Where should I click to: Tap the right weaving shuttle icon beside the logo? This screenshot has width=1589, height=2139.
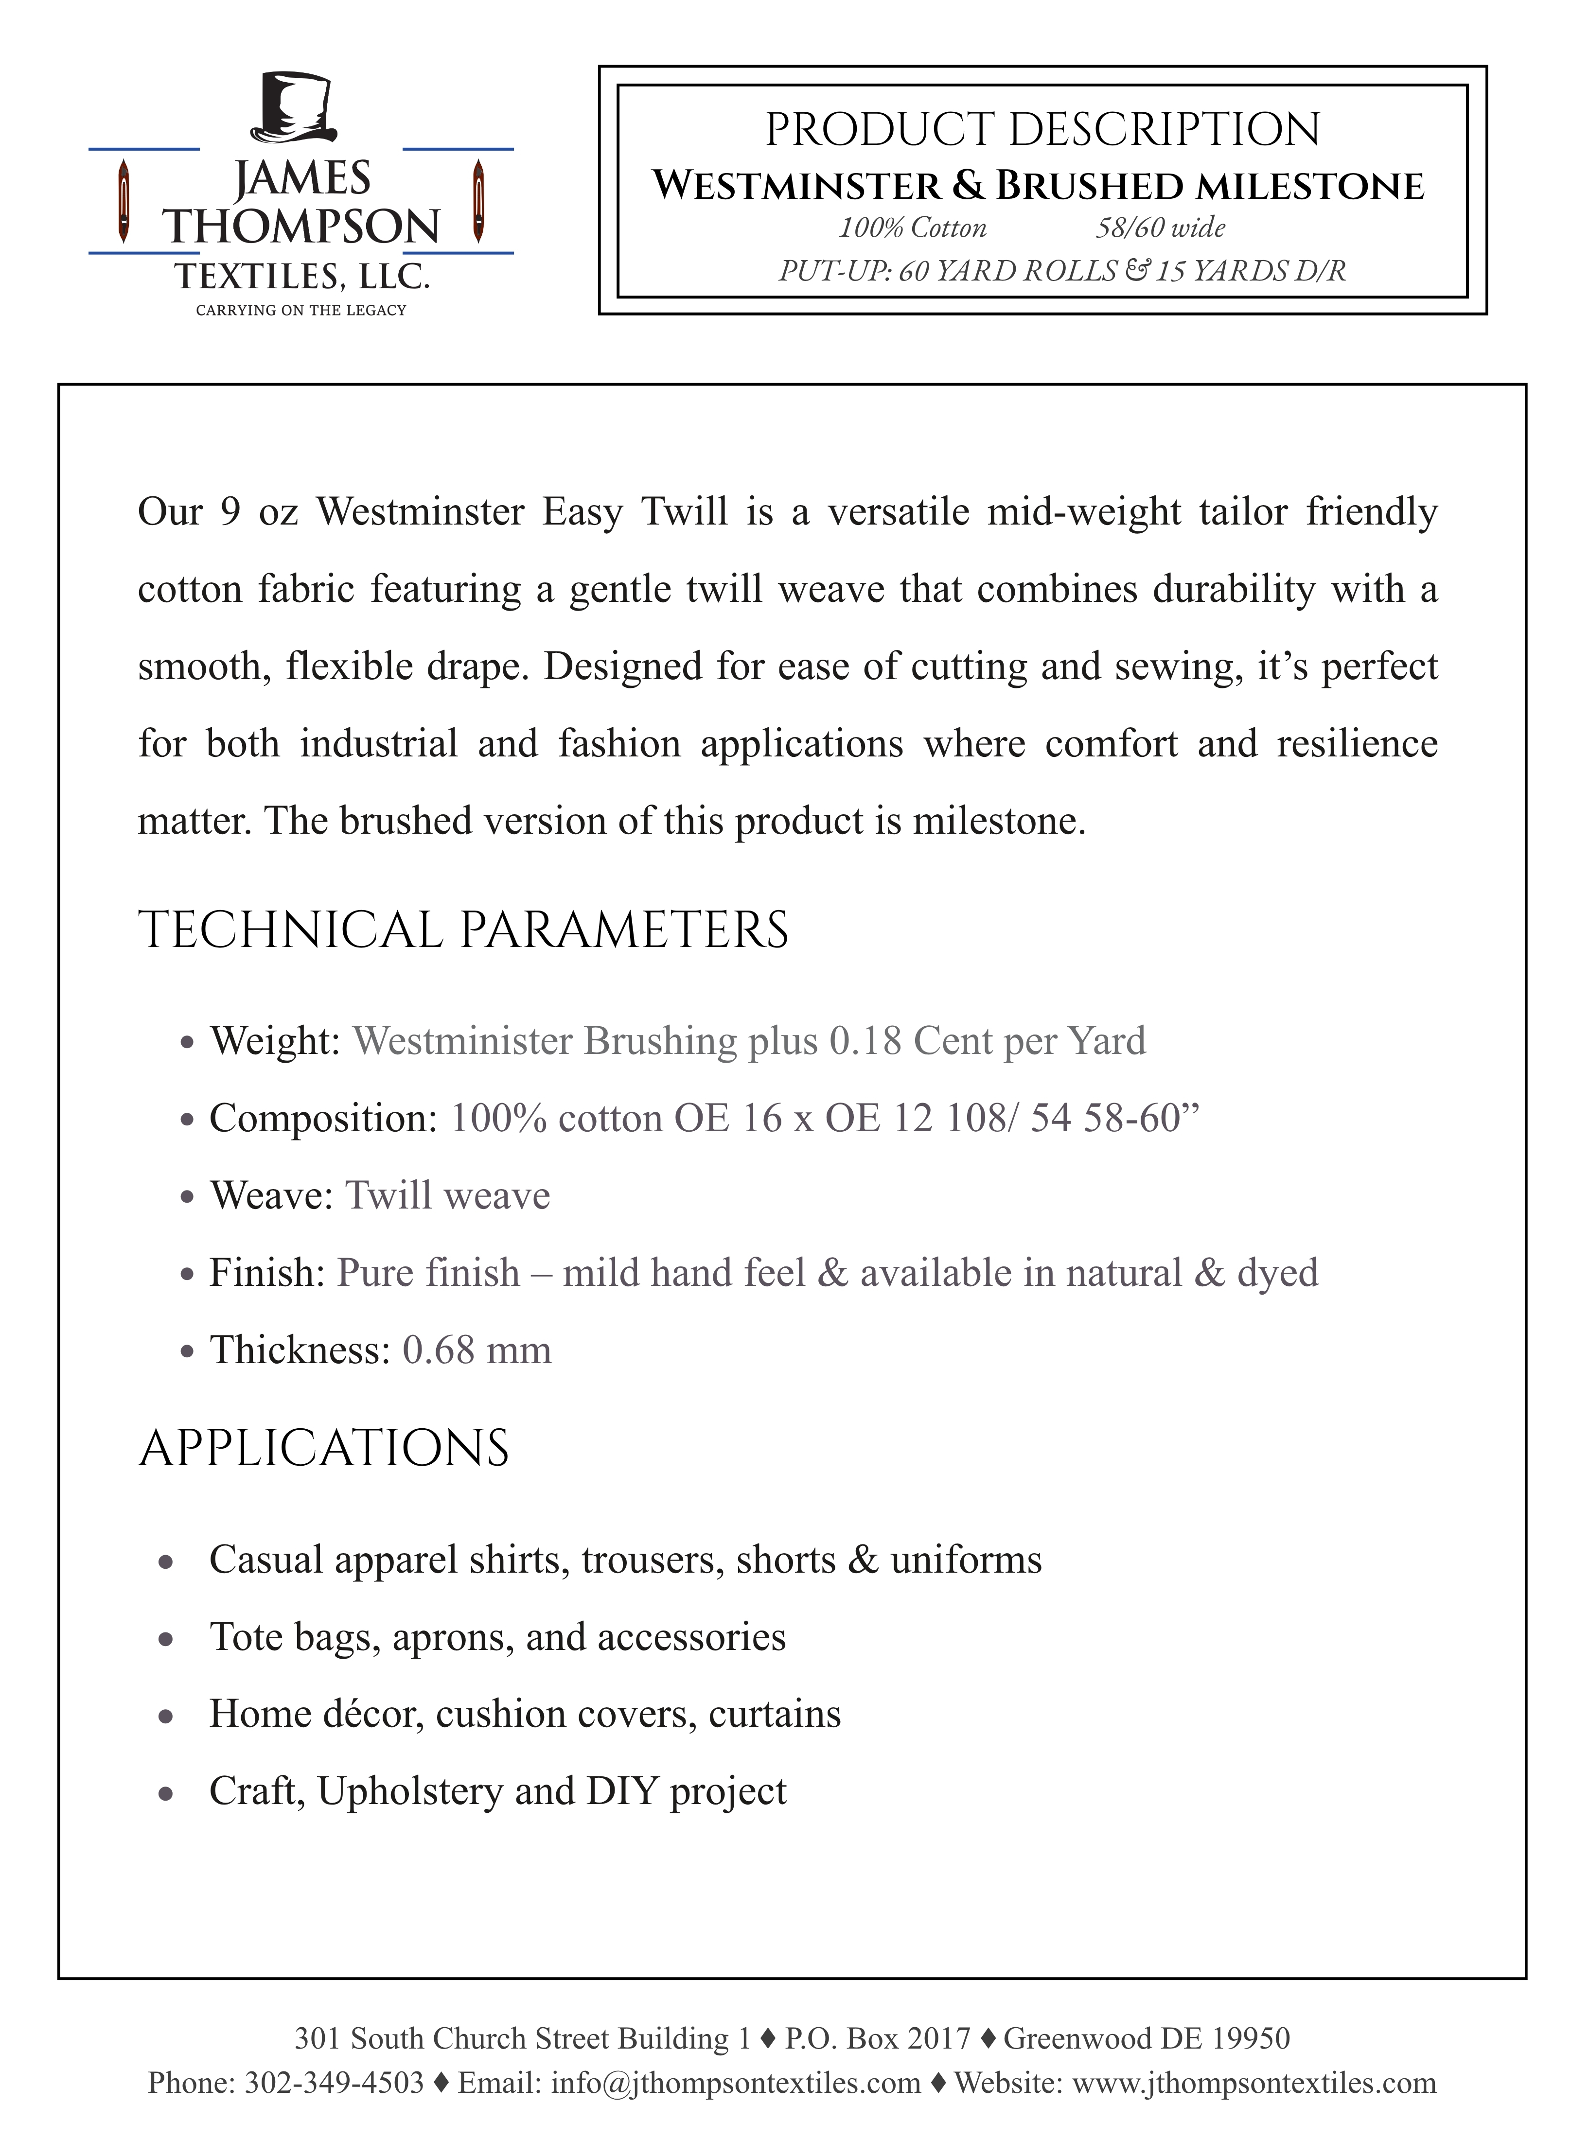tap(478, 201)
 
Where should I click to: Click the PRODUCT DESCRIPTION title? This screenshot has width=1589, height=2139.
tap(1042, 130)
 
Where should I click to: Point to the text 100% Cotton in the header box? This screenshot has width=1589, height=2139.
tap(912, 228)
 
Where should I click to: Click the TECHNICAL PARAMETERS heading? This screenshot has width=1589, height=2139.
tap(463, 930)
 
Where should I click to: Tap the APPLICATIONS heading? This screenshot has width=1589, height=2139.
tap(324, 1448)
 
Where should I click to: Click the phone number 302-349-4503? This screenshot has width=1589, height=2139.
tap(335, 2082)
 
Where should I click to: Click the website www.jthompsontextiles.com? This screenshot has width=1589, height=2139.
tap(1254, 2082)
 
